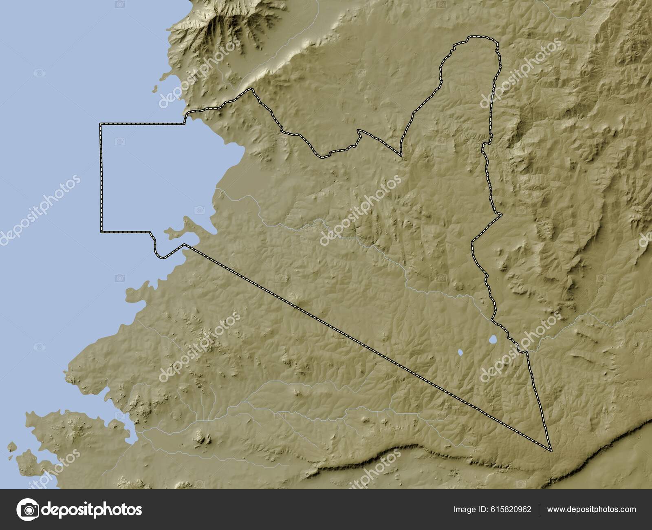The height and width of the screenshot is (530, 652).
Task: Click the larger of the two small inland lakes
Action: [493, 339]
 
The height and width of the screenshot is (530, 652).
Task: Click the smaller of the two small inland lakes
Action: [460, 352]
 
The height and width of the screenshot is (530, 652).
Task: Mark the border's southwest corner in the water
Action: [101, 232]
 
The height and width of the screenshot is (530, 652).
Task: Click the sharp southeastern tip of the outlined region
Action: [550, 450]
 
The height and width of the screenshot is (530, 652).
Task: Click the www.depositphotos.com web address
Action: [591, 509]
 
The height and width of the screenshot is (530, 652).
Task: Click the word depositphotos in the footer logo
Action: [93, 510]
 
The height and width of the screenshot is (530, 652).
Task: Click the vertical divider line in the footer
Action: [539, 510]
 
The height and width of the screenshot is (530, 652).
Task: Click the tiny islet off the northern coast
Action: [155, 87]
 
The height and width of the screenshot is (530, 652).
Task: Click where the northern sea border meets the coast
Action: [185, 118]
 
